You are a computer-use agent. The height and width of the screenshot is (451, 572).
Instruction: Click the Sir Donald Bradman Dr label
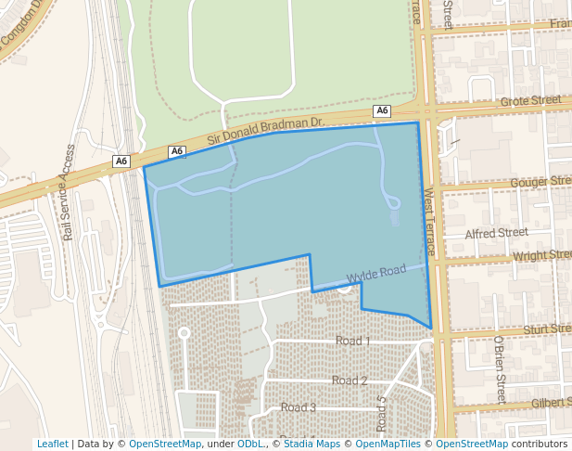264,131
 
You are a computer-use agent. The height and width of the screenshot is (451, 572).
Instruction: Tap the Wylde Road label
376,274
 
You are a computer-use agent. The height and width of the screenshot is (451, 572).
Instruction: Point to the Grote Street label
530,100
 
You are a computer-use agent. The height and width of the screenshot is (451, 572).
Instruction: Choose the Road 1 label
352,341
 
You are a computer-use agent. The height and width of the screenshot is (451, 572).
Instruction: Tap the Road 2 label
350,380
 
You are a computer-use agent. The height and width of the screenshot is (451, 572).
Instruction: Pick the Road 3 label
299,407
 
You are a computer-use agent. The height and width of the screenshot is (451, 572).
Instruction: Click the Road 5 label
382,414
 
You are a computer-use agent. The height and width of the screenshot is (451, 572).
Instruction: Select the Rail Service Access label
68,192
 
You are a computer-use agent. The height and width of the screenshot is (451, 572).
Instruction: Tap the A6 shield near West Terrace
382,111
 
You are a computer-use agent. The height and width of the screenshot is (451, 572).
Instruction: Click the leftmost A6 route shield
121,161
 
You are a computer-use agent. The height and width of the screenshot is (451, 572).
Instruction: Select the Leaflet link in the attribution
52,444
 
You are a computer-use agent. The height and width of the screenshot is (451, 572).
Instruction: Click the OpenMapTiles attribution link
384,444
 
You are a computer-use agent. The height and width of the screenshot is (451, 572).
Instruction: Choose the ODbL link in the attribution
250,444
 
